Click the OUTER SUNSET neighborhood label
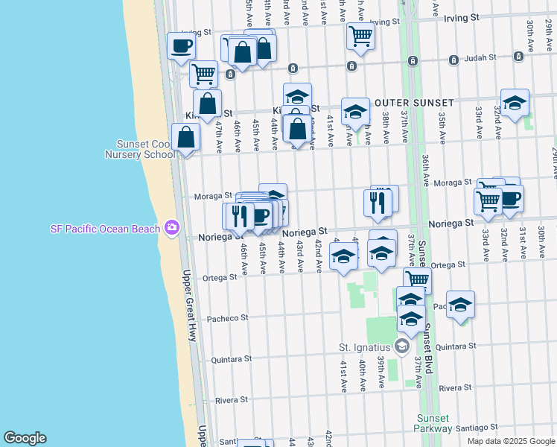414,103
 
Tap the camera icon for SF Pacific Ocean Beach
173,226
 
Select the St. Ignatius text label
365,347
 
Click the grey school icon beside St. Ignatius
401,346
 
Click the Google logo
24,438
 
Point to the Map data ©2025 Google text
511,441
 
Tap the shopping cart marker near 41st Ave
360,34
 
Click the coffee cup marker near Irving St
181,45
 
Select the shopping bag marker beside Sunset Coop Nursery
185,137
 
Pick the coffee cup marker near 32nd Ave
510,197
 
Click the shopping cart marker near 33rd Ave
488,200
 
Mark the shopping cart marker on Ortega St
418,279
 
